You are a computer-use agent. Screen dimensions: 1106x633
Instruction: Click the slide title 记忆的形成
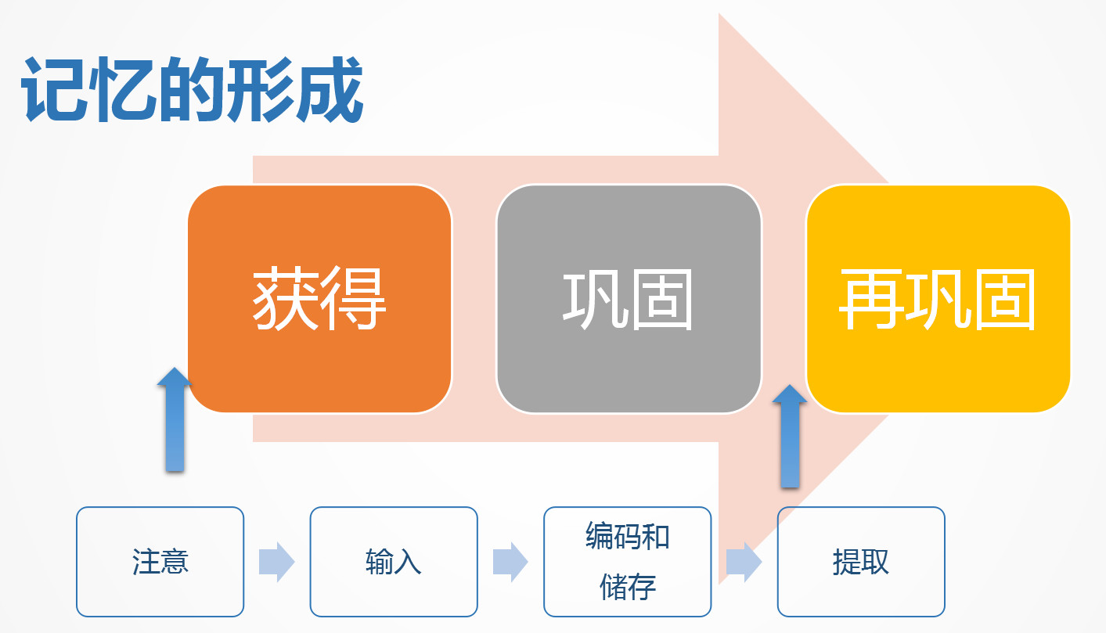(x=193, y=89)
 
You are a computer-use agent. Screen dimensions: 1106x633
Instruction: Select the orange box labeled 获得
(x=320, y=299)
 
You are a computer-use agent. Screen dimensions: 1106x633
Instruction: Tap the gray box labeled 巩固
(x=629, y=299)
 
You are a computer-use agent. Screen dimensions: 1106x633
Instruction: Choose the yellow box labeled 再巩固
(x=938, y=299)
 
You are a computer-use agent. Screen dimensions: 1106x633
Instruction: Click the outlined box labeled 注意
(x=160, y=561)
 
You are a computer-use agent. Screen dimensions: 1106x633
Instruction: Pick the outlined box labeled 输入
(x=394, y=561)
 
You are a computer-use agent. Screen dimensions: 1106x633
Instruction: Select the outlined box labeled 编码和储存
(x=628, y=561)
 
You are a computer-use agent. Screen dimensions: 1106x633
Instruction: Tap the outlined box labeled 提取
(x=861, y=561)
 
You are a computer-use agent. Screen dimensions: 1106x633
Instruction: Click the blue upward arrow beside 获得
(x=175, y=419)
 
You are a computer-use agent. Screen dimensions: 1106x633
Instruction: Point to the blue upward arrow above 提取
(x=790, y=437)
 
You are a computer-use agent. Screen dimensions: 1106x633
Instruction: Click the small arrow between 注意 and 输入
(x=277, y=562)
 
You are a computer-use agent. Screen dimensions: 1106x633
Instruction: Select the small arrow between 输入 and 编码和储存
(x=510, y=562)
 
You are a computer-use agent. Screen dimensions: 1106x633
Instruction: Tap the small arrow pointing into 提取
(x=744, y=562)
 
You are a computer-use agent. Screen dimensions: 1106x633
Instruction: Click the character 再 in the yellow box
(x=871, y=299)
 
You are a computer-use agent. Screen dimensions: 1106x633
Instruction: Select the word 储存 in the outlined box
(x=628, y=587)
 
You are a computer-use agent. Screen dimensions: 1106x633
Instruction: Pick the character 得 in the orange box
(x=354, y=298)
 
